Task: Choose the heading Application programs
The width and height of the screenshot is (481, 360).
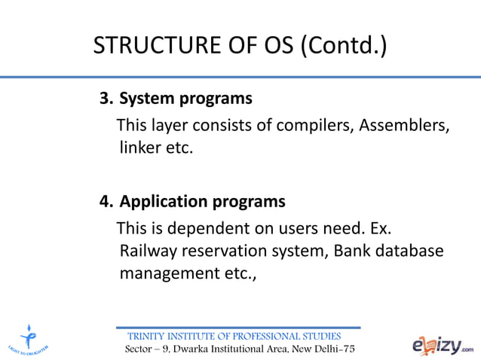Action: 202,202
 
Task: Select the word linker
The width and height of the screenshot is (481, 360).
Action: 140,148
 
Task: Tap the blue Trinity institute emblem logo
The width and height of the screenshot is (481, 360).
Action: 29,337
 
